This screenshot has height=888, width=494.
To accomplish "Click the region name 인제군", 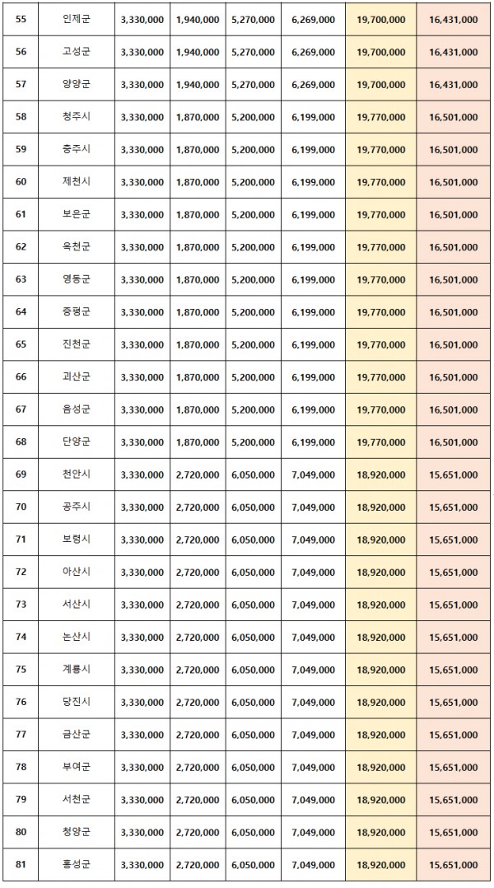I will pos(77,19).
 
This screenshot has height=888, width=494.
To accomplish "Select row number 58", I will pos(21,117).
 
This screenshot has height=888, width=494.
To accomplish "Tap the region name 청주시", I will pos(77,117).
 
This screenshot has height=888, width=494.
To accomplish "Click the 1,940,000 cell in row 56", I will pos(197,52).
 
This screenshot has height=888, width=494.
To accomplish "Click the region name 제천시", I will pos(77,182).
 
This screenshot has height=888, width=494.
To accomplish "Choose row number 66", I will pos(21,377).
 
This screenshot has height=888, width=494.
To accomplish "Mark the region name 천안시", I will pos(77,475).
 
